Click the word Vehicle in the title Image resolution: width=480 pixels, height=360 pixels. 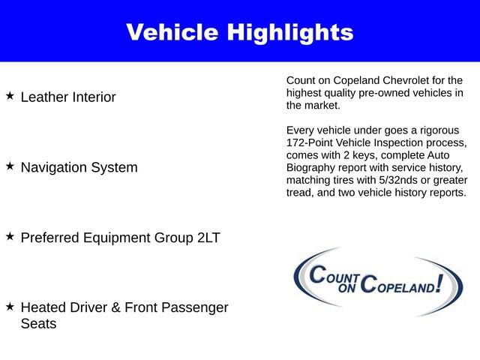pos(172,32)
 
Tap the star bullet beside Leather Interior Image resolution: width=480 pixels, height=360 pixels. pos(10,96)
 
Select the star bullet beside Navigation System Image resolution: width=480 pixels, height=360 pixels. pos(10,166)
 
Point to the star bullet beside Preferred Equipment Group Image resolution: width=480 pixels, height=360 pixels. pos(10,236)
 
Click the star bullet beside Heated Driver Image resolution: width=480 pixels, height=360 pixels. pos(10,306)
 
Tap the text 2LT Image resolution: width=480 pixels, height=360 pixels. pos(206,238)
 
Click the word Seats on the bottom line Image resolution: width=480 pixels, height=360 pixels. pos(38,324)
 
